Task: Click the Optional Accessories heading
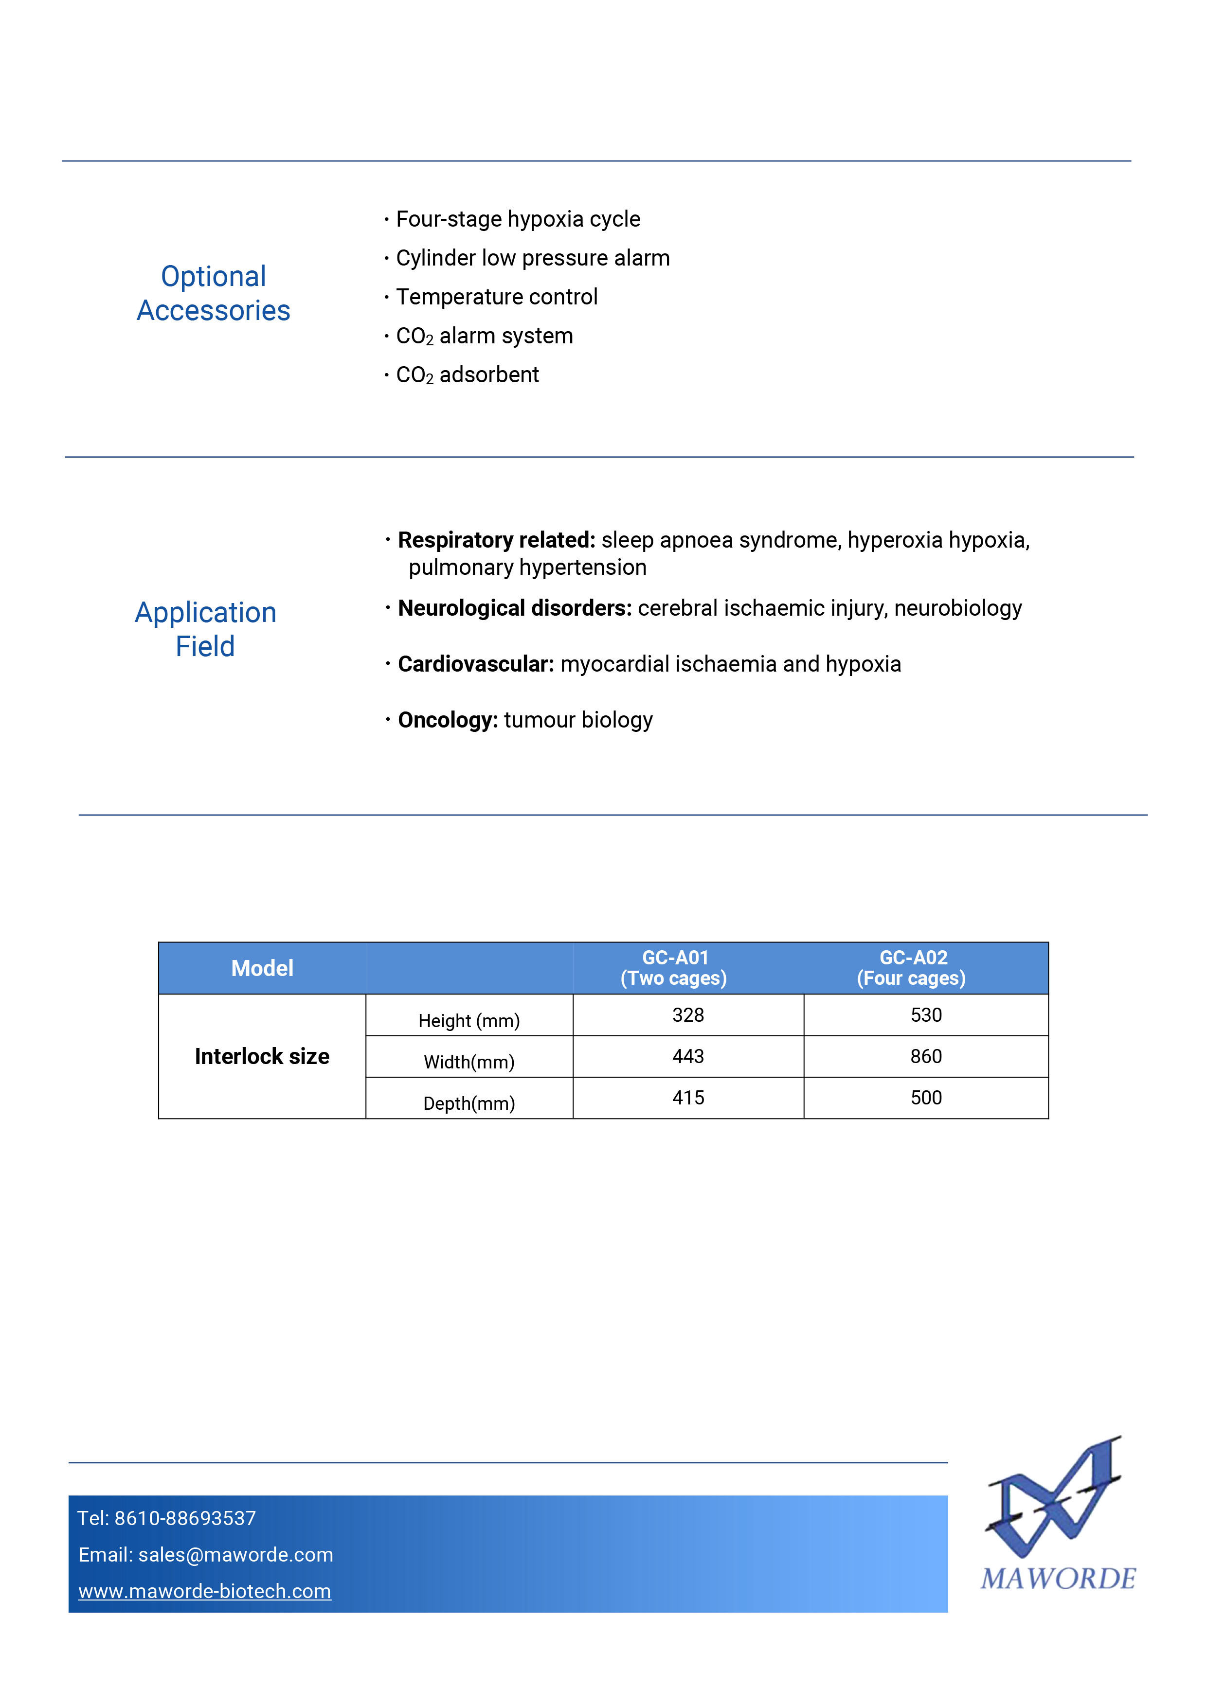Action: (213, 294)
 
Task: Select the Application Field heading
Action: (206, 629)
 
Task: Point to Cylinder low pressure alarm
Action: (532, 258)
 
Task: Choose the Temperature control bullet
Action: (497, 297)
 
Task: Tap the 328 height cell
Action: (688, 1015)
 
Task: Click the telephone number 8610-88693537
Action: (185, 1518)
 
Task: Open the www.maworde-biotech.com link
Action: (205, 1591)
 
